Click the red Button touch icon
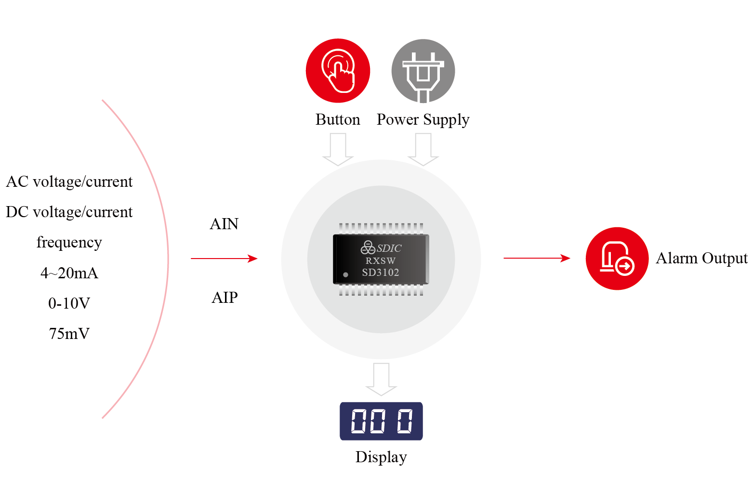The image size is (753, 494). [x=338, y=71]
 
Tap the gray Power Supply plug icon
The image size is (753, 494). [x=423, y=71]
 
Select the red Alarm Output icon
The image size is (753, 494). [x=617, y=259]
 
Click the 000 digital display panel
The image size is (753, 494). [x=381, y=421]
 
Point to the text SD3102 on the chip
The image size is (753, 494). [x=381, y=273]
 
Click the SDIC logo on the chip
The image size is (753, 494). [x=381, y=248]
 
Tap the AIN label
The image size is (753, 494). [x=224, y=224]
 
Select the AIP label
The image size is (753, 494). [x=225, y=298]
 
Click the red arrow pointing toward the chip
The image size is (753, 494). [x=224, y=259]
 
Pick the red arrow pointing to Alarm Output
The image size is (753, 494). [x=537, y=259]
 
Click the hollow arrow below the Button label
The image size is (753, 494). [x=338, y=149]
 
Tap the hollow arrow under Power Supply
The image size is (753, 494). [x=423, y=149]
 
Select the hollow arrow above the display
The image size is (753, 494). [x=381, y=379]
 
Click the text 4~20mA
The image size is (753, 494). [x=69, y=273]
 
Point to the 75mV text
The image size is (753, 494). [x=69, y=334]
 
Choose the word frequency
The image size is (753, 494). [x=69, y=242]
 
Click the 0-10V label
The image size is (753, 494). [x=69, y=303]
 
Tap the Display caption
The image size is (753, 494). [x=381, y=457]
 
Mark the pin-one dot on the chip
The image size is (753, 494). [x=345, y=274]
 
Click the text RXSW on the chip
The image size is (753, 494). [x=381, y=260]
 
